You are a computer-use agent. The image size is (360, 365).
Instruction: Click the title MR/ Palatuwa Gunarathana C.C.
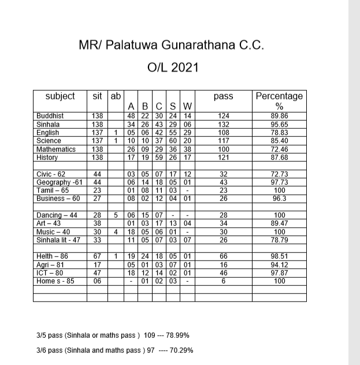[170, 45]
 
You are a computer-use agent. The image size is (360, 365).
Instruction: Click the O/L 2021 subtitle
[173, 67]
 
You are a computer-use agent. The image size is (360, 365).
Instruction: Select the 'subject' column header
[60, 96]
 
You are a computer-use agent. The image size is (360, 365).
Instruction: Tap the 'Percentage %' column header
[279, 101]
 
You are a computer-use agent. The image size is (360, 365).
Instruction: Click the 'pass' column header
[223, 96]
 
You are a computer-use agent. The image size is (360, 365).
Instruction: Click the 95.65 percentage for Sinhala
[279, 124]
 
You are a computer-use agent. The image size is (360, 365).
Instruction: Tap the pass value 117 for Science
[223, 140]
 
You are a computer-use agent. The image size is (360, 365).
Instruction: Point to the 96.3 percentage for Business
[279, 199]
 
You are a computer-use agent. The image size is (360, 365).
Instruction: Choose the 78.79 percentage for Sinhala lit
[279, 240]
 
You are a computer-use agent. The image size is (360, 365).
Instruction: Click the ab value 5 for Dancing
[116, 215]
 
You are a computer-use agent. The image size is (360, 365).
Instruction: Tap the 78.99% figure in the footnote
[178, 335]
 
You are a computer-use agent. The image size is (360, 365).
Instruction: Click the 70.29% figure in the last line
[181, 350]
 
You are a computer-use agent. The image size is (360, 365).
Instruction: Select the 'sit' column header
[97, 96]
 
